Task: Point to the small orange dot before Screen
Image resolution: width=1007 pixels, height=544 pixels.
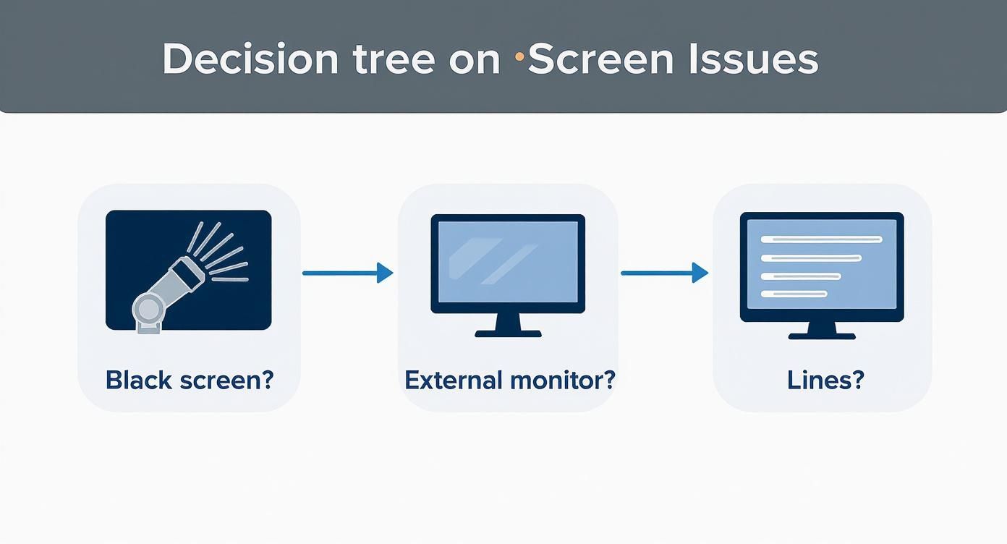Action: pyautogui.click(x=519, y=56)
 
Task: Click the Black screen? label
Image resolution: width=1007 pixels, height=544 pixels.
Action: pyautogui.click(x=190, y=380)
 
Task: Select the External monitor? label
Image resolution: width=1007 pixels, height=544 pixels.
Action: pyautogui.click(x=509, y=380)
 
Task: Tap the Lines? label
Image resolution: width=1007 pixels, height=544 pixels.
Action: pyautogui.click(x=825, y=380)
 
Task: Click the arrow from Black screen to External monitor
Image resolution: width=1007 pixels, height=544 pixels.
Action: pyautogui.click(x=347, y=273)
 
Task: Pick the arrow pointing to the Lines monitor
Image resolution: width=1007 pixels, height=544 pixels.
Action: pyautogui.click(x=664, y=273)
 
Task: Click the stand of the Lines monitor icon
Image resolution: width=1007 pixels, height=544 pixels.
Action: pyautogui.click(x=822, y=328)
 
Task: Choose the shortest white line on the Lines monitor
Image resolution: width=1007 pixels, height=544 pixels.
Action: pyautogui.click(x=794, y=294)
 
